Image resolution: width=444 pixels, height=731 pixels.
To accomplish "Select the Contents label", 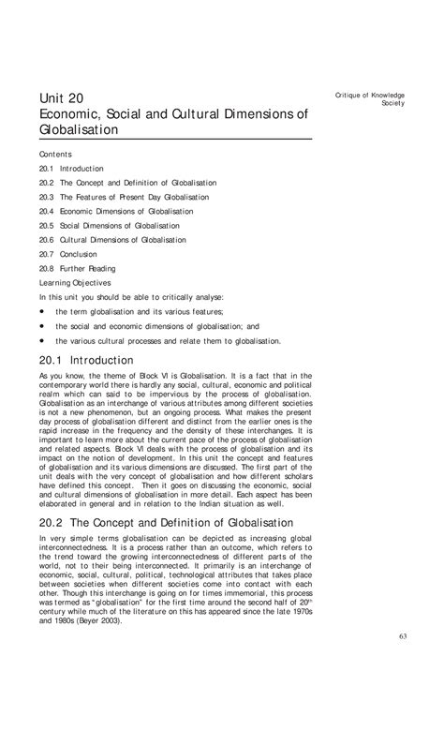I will (55, 153).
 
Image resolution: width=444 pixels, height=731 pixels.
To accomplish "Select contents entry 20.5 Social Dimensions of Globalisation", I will (110, 226).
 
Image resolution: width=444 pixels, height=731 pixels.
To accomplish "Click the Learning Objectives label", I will (75, 282).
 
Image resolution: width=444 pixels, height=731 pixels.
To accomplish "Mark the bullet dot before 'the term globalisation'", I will (42, 311).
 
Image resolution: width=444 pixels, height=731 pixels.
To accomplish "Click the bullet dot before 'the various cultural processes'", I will (42, 340).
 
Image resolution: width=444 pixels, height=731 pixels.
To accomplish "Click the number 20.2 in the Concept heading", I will (54, 521).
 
